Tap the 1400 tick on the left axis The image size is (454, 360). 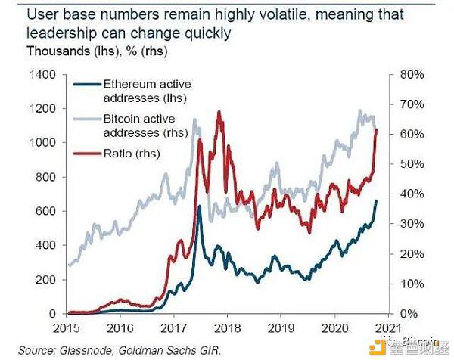(42, 74)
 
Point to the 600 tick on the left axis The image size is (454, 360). (45, 211)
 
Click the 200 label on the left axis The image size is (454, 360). (45, 279)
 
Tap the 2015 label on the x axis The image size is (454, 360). (67, 328)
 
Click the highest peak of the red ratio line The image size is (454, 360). (219, 112)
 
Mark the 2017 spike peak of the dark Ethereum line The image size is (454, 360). (199, 206)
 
